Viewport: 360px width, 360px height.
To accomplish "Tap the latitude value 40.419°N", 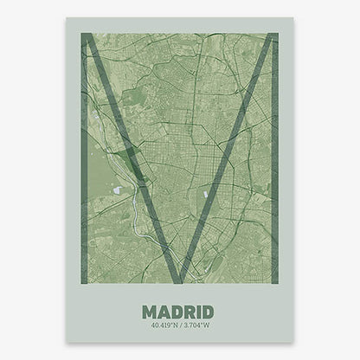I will coord(160,325).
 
